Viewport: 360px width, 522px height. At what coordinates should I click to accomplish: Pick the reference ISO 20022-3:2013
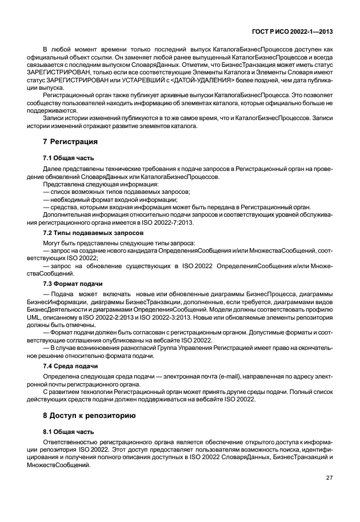point(172,317)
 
